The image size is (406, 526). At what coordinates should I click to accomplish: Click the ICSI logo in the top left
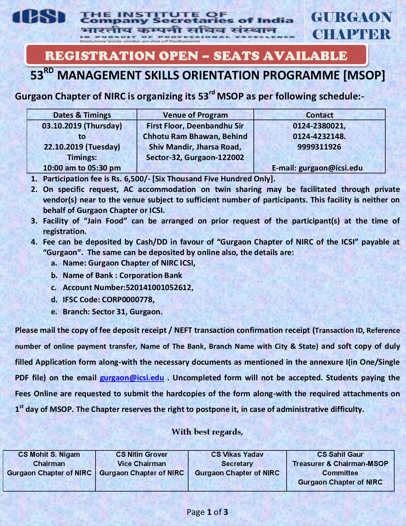coord(39,17)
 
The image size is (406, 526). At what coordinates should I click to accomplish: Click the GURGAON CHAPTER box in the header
coord(351,26)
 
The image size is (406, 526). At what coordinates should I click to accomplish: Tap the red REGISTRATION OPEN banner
coord(196,56)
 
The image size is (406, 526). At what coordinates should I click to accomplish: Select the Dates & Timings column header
coord(82,115)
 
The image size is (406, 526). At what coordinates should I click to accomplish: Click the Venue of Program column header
coord(195,115)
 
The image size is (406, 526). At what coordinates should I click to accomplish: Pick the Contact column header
coord(319,115)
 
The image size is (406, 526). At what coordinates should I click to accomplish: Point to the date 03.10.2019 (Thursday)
coord(82,126)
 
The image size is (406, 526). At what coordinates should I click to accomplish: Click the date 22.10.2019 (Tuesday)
coord(82,147)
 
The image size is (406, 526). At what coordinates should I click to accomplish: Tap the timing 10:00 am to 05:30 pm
coord(82,168)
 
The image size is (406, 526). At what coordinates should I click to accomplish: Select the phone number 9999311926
coord(319,147)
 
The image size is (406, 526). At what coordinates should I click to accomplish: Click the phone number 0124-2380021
coord(319,126)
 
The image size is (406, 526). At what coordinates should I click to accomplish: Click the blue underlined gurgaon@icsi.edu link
coord(132,378)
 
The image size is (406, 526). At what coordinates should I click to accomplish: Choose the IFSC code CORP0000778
coord(128,300)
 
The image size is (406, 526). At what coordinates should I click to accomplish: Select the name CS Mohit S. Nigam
coord(49,454)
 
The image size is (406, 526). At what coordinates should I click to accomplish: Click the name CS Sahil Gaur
coord(340,454)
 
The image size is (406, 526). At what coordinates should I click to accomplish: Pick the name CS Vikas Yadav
coord(237,454)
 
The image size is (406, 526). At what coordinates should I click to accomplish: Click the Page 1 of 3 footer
coord(207,512)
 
